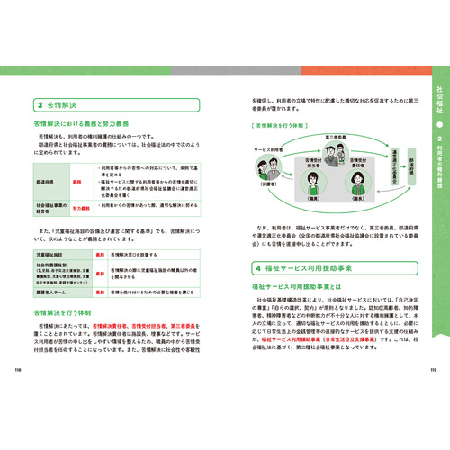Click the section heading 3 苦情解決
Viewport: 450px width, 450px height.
56,103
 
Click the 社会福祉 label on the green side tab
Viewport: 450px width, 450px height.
437,98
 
